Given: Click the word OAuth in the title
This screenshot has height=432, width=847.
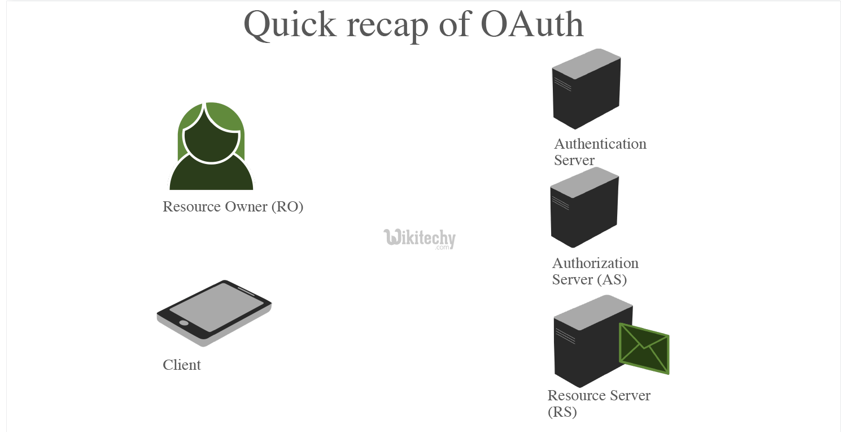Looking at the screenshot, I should [532, 25].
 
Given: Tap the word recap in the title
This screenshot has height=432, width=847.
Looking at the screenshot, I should [389, 25].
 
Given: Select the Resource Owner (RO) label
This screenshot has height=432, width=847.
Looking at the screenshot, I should [233, 207].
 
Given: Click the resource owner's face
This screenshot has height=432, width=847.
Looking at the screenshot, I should [212, 144].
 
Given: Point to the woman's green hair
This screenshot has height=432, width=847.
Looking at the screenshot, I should [226, 116].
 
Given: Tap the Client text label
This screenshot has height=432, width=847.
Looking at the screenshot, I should [182, 365].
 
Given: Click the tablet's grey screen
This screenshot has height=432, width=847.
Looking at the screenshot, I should [216, 306].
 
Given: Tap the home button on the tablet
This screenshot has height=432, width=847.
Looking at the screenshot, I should [184, 323].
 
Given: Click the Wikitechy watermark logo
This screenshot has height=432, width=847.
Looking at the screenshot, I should [419, 238].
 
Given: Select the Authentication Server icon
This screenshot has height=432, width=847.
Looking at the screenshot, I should [586, 90].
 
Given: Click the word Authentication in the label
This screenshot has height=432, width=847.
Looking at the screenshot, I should [600, 144].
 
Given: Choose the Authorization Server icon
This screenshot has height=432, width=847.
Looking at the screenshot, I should [584, 209].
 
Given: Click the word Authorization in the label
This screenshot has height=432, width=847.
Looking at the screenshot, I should [595, 263].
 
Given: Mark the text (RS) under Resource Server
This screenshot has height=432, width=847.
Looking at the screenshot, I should [562, 412].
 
